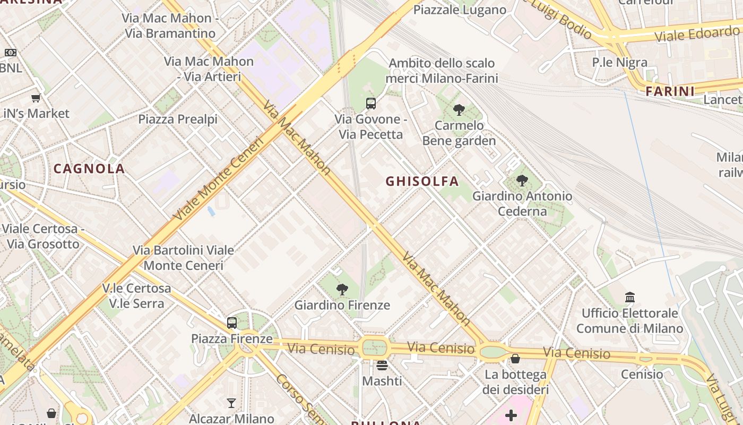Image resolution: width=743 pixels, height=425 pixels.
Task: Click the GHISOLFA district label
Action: [422, 181]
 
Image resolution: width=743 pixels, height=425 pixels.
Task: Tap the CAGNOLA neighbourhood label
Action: [89, 168]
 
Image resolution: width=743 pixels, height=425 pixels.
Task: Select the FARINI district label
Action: [670, 91]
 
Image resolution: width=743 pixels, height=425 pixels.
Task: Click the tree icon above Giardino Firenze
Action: [342, 290]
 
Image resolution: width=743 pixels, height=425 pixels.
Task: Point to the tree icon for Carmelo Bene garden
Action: [459, 110]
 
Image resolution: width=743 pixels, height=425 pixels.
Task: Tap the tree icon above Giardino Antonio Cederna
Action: [522, 181]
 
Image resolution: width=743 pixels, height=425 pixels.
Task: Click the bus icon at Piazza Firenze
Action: [232, 322]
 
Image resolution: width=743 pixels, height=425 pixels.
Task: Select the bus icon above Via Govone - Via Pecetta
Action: [371, 103]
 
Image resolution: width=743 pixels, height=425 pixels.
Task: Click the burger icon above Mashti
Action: [382, 365]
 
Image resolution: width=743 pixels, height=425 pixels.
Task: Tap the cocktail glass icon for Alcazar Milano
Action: [231, 403]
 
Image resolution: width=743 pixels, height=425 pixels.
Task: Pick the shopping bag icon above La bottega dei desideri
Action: [515, 359]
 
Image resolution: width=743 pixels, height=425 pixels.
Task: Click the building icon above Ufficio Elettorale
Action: [630, 297]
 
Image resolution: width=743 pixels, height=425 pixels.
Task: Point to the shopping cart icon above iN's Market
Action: [36, 98]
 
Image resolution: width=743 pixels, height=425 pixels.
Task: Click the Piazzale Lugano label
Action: [460, 10]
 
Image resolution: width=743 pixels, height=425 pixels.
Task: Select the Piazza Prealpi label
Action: [178, 119]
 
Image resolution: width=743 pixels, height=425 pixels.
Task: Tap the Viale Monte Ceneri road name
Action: [218, 179]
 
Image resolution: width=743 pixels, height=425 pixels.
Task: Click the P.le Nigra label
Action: [619, 62]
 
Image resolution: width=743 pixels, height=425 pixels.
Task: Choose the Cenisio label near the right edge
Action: [642, 374]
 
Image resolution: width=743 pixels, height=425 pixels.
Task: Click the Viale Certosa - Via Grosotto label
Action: [43, 236]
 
